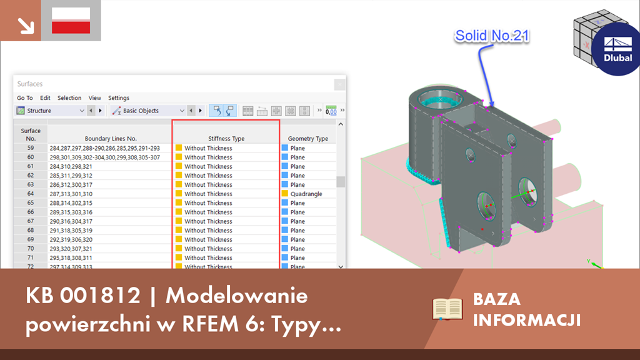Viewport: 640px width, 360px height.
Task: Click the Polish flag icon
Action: click(71, 21)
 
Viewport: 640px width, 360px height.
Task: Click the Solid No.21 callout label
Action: click(492, 36)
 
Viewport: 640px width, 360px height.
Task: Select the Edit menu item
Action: click(45, 98)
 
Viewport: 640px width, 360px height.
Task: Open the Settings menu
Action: click(119, 98)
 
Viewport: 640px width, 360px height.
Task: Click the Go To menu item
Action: click(25, 98)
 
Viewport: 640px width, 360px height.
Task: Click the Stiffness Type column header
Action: click(226, 138)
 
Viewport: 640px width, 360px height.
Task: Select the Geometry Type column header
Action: click(308, 138)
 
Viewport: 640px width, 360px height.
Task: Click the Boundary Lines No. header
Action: click(111, 138)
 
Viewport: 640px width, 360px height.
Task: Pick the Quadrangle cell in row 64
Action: click(306, 194)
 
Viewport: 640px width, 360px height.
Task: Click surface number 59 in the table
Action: click(31, 148)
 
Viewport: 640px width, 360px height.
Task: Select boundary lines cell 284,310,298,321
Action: click(71, 166)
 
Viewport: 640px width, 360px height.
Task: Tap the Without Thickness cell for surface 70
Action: click(208, 249)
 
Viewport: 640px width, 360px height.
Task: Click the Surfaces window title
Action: click(31, 84)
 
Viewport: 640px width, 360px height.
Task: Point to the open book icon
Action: click(447, 309)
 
